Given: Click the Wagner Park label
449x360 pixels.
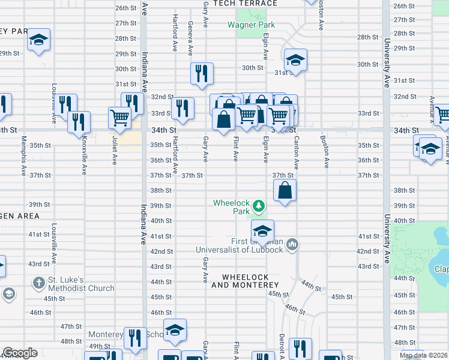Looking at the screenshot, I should click(x=251, y=25).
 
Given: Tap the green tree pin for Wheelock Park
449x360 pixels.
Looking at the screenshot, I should click(x=259, y=206).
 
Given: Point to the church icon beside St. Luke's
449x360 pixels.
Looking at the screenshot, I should click(x=38, y=281).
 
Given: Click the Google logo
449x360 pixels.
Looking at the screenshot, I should click(x=20, y=353).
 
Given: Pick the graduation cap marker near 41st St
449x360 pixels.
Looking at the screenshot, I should click(x=262, y=230).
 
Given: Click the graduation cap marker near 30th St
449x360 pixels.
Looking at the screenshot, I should click(x=295, y=60).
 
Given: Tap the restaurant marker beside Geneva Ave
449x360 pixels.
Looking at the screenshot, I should click(x=201, y=73).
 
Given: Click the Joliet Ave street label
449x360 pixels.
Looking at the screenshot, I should click(x=114, y=153).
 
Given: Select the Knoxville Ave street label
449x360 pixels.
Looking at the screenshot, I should click(x=83, y=162).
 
